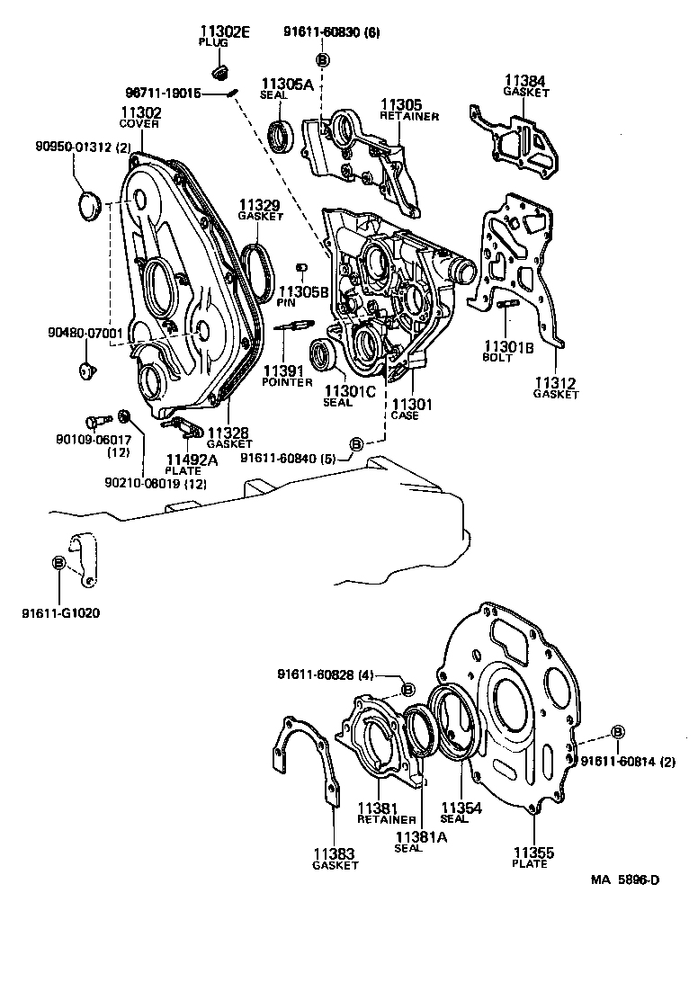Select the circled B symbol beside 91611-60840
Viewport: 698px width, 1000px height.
356,444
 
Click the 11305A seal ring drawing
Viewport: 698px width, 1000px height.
282,136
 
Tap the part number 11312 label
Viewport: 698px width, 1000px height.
554,383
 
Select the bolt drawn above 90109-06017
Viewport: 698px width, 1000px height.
94,420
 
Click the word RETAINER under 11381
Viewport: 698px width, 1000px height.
386,819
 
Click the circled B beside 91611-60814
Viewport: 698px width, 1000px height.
618,732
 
